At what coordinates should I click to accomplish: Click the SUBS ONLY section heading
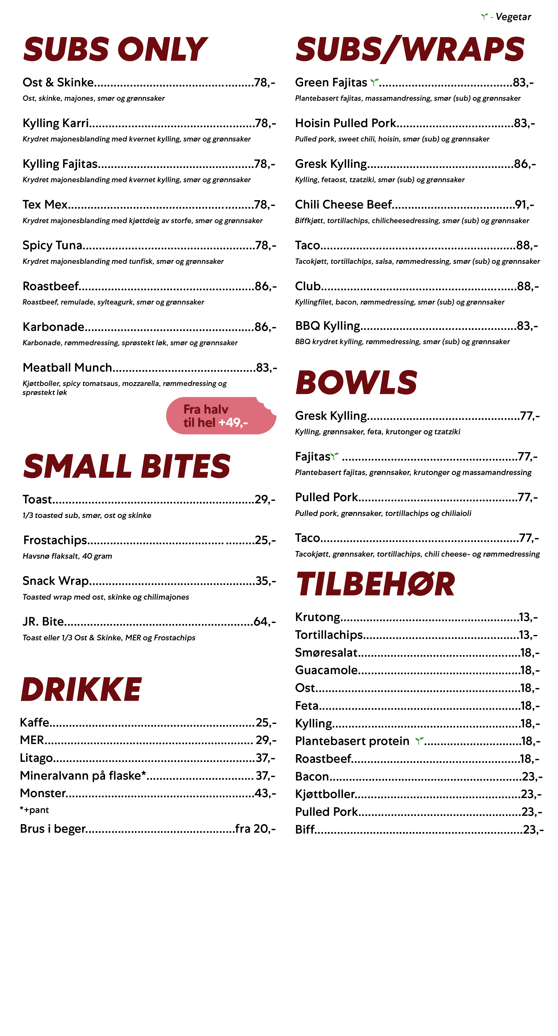pyautogui.click(x=115, y=49)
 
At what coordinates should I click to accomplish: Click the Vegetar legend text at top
pyautogui.click(x=513, y=17)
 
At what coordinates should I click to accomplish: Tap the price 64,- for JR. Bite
pyautogui.click(x=264, y=622)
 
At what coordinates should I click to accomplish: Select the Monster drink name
pyautogui.click(x=43, y=793)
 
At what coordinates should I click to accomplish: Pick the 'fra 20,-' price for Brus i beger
pyautogui.click(x=255, y=828)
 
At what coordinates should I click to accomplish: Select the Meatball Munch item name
pyautogui.click(x=67, y=368)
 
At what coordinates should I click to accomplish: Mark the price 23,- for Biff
pyautogui.click(x=533, y=829)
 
